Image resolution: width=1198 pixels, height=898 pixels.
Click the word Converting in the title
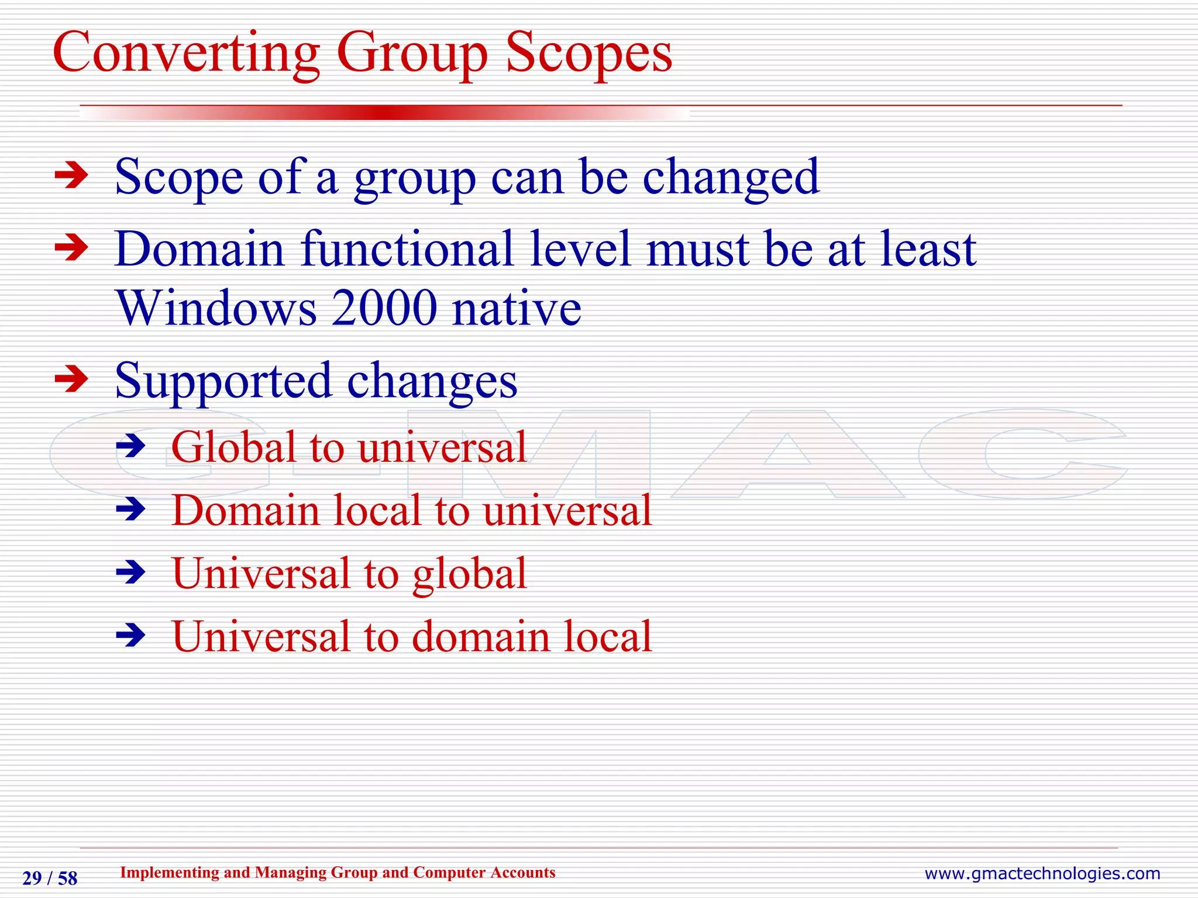pos(186,54)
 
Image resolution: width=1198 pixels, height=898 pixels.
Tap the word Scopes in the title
pos(588,54)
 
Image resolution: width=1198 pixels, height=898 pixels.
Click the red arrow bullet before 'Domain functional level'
pos(71,248)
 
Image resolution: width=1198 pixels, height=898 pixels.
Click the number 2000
pos(384,308)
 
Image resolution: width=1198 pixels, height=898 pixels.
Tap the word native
pos(517,308)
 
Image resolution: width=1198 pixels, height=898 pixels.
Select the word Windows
pos(216,308)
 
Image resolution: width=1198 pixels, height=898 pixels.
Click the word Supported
pos(223,381)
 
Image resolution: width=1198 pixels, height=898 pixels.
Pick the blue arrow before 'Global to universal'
pos(131,447)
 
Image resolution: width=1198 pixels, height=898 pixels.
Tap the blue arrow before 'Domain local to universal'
pos(131,509)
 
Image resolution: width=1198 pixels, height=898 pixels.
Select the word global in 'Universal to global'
pos(470,574)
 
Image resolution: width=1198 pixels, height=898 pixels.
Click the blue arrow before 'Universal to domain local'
pos(131,635)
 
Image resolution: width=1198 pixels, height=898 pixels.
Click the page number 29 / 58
pos(50,878)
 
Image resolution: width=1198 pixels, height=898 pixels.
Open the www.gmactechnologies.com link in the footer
pos(1042,873)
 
